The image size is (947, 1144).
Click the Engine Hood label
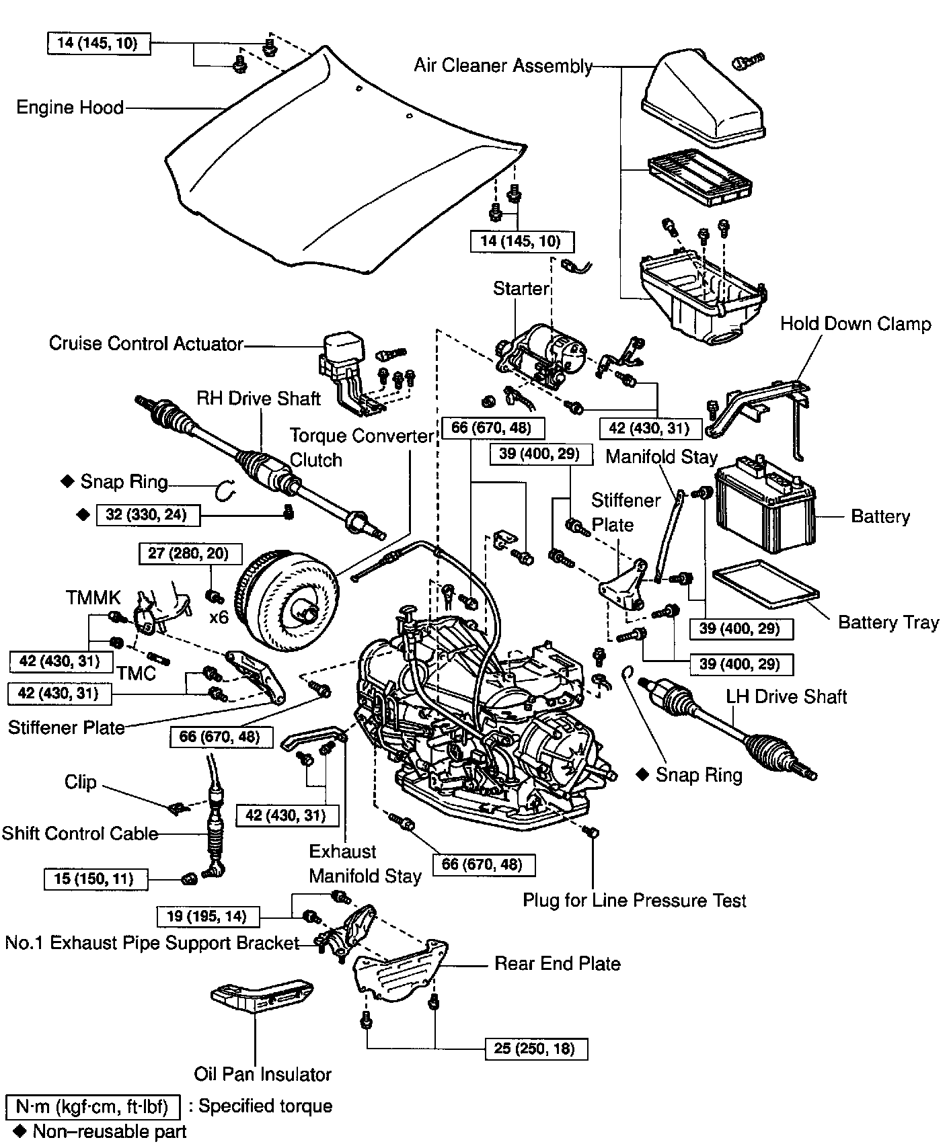point(70,108)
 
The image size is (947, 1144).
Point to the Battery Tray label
point(888,622)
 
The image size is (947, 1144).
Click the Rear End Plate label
point(557,964)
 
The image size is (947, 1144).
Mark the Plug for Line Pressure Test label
point(634,901)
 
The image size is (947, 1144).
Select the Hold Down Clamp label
point(856,324)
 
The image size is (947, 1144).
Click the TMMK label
point(93,598)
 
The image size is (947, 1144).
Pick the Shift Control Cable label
point(79,833)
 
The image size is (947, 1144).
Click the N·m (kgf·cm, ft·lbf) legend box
point(93,1106)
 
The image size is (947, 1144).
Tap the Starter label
point(521,289)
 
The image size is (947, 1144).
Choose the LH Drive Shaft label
point(786,696)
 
